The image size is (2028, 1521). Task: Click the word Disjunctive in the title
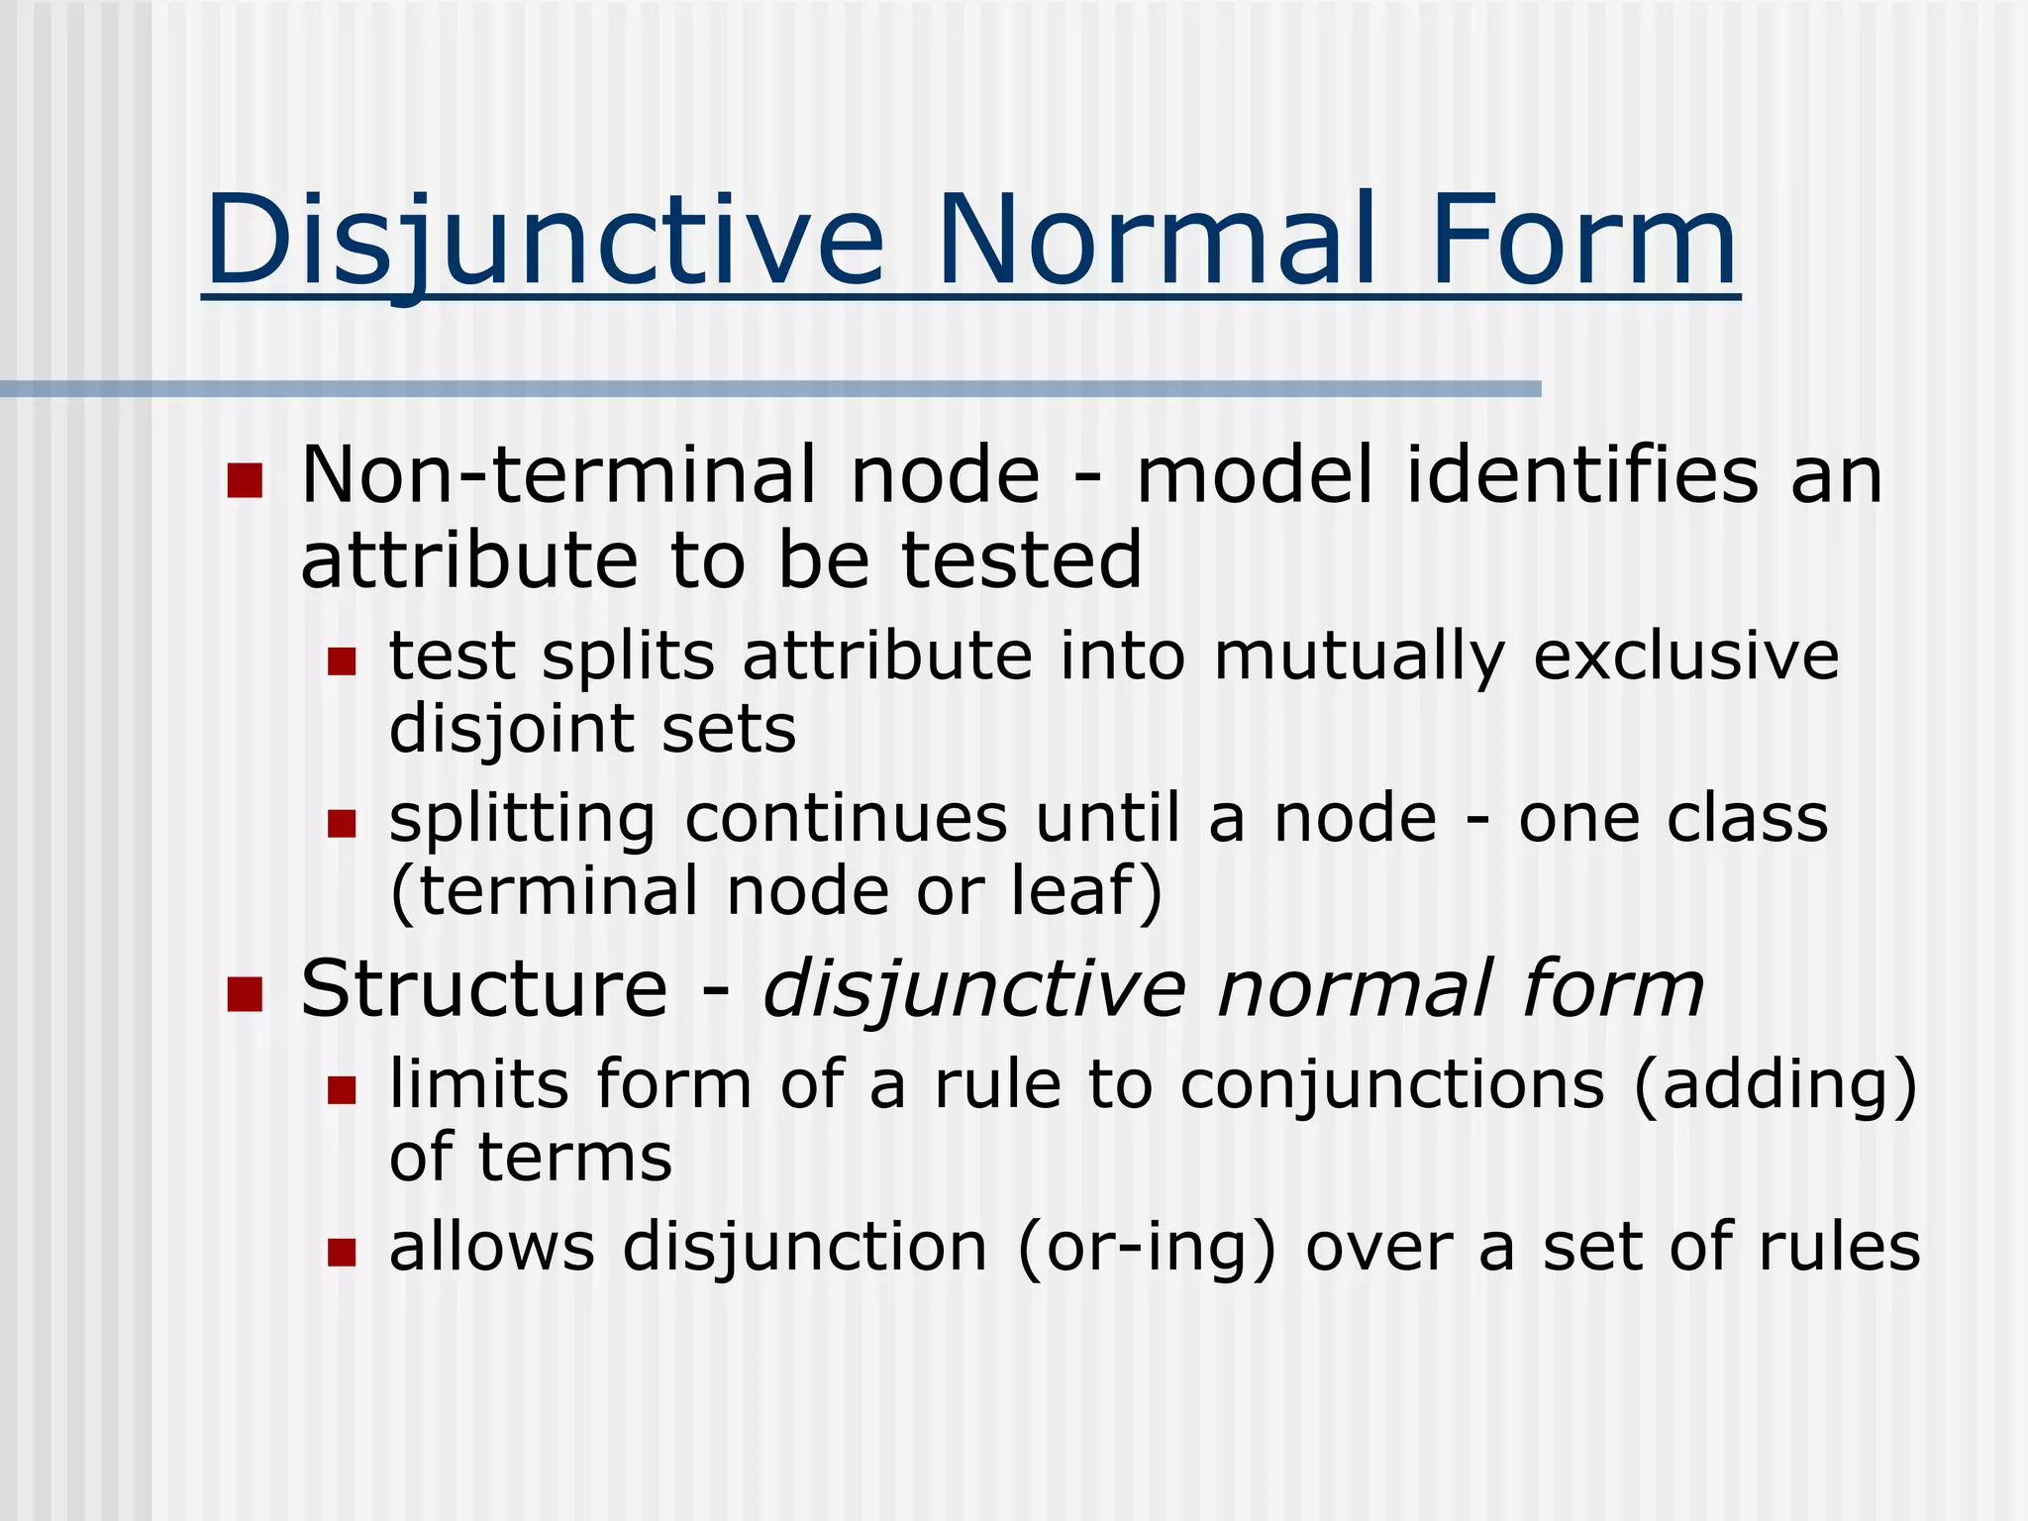click(544, 242)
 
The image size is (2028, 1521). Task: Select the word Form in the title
click(1583, 242)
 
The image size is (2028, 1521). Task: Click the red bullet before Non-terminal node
click(245, 480)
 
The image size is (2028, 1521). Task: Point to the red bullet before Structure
click(245, 993)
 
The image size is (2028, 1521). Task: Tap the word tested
click(1021, 560)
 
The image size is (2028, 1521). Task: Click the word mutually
click(1359, 658)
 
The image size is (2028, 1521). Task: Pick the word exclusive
click(1685, 658)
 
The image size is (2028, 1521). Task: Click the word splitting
click(522, 820)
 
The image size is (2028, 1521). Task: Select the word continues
click(847, 820)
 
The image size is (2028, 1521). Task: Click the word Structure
click(484, 989)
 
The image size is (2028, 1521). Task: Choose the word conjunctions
click(1392, 1084)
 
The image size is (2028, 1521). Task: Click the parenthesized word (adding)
click(1775, 1086)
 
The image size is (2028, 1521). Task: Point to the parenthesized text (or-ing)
click(1147, 1248)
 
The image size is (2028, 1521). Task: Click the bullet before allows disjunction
click(342, 1253)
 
